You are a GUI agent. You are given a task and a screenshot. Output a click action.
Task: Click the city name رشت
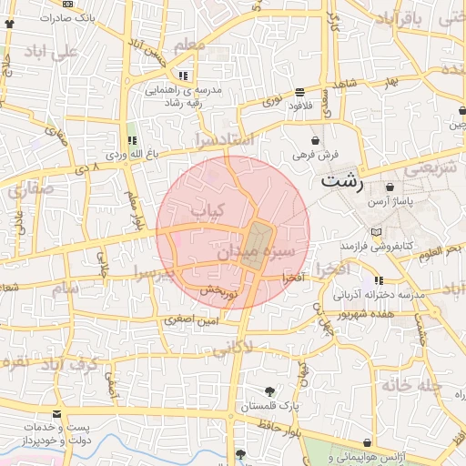tap(341, 181)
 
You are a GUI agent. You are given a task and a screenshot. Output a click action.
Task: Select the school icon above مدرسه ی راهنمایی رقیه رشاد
tap(184, 76)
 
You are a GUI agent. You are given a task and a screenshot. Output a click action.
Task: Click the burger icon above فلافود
tap(300, 92)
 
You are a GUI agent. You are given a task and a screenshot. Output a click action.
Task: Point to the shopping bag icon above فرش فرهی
tap(315, 141)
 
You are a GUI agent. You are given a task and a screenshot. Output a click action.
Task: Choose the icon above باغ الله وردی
tap(133, 140)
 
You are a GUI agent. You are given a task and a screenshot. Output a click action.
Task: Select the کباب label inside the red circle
tap(206, 209)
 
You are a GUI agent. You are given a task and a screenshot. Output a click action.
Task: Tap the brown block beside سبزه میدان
tap(258, 244)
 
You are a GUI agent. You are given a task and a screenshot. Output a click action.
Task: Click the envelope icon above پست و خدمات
tap(57, 414)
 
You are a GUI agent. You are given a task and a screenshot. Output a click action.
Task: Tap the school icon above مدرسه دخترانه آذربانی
tap(378, 281)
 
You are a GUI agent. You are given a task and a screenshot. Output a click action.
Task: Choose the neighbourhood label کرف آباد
tap(75, 364)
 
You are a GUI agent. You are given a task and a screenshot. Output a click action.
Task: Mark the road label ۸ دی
tap(87, 168)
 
